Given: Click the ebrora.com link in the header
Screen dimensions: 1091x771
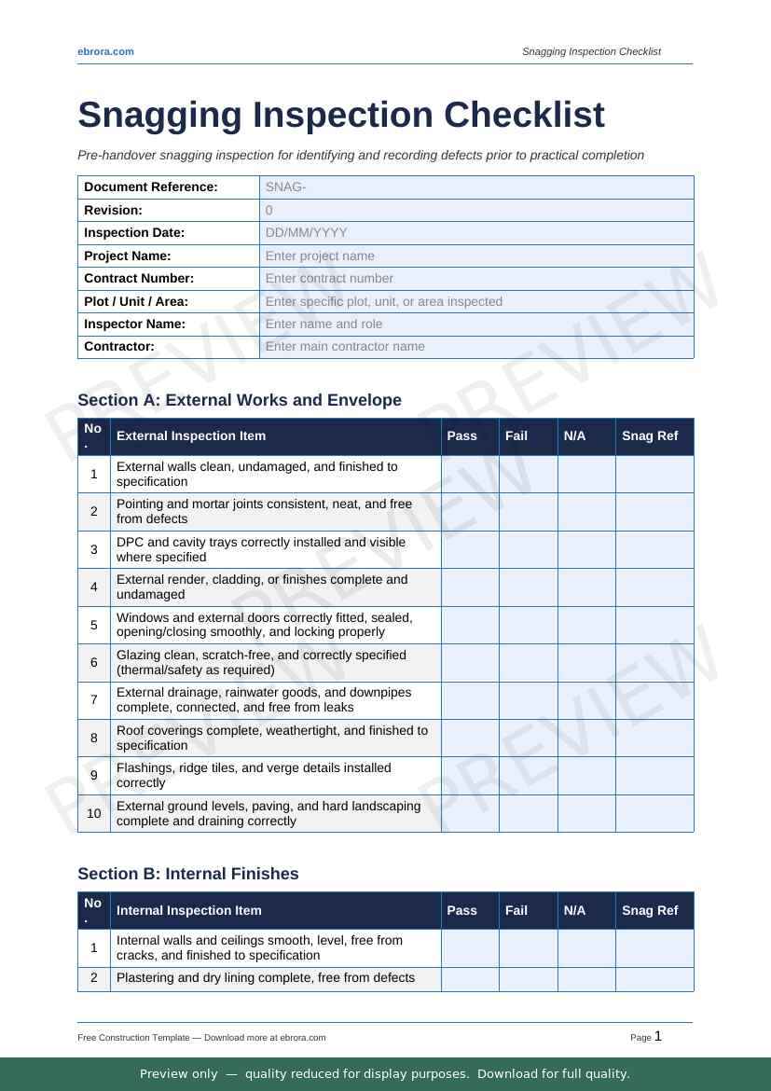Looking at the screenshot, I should click(x=105, y=51).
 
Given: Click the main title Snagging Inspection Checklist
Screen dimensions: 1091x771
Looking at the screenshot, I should click(x=341, y=115).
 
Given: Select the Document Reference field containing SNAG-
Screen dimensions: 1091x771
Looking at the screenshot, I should click(x=475, y=187).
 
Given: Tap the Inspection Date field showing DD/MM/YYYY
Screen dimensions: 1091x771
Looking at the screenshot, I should click(x=475, y=233).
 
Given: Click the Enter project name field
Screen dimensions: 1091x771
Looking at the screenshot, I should click(x=475, y=255).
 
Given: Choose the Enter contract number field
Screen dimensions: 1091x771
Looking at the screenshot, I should click(x=475, y=278).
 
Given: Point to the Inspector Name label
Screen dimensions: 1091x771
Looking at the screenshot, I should click(x=135, y=324).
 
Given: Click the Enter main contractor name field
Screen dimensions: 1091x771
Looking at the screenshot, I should click(x=475, y=347).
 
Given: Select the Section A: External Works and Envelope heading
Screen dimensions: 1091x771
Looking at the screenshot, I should click(x=240, y=400).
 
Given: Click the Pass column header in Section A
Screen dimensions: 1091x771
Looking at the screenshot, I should click(x=461, y=435).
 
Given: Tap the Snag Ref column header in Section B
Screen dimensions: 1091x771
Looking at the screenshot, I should click(x=650, y=910).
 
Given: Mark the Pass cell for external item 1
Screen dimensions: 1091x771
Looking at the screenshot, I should click(x=470, y=474).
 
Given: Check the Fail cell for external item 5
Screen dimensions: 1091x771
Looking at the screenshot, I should click(x=528, y=625).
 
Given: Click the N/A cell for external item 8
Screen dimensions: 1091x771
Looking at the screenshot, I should click(x=586, y=738).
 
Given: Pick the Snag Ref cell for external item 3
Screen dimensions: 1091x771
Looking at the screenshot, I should click(x=654, y=549).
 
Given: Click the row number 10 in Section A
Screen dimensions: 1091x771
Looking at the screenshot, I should click(x=94, y=813).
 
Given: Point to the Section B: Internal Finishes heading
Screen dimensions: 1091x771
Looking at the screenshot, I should click(x=188, y=874).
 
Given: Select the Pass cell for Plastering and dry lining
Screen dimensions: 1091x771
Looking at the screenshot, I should click(x=470, y=978).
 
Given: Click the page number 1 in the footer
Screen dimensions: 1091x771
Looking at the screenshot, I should click(x=658, y=1036).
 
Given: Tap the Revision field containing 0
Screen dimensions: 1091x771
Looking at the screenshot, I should click(x=475, y=211).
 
